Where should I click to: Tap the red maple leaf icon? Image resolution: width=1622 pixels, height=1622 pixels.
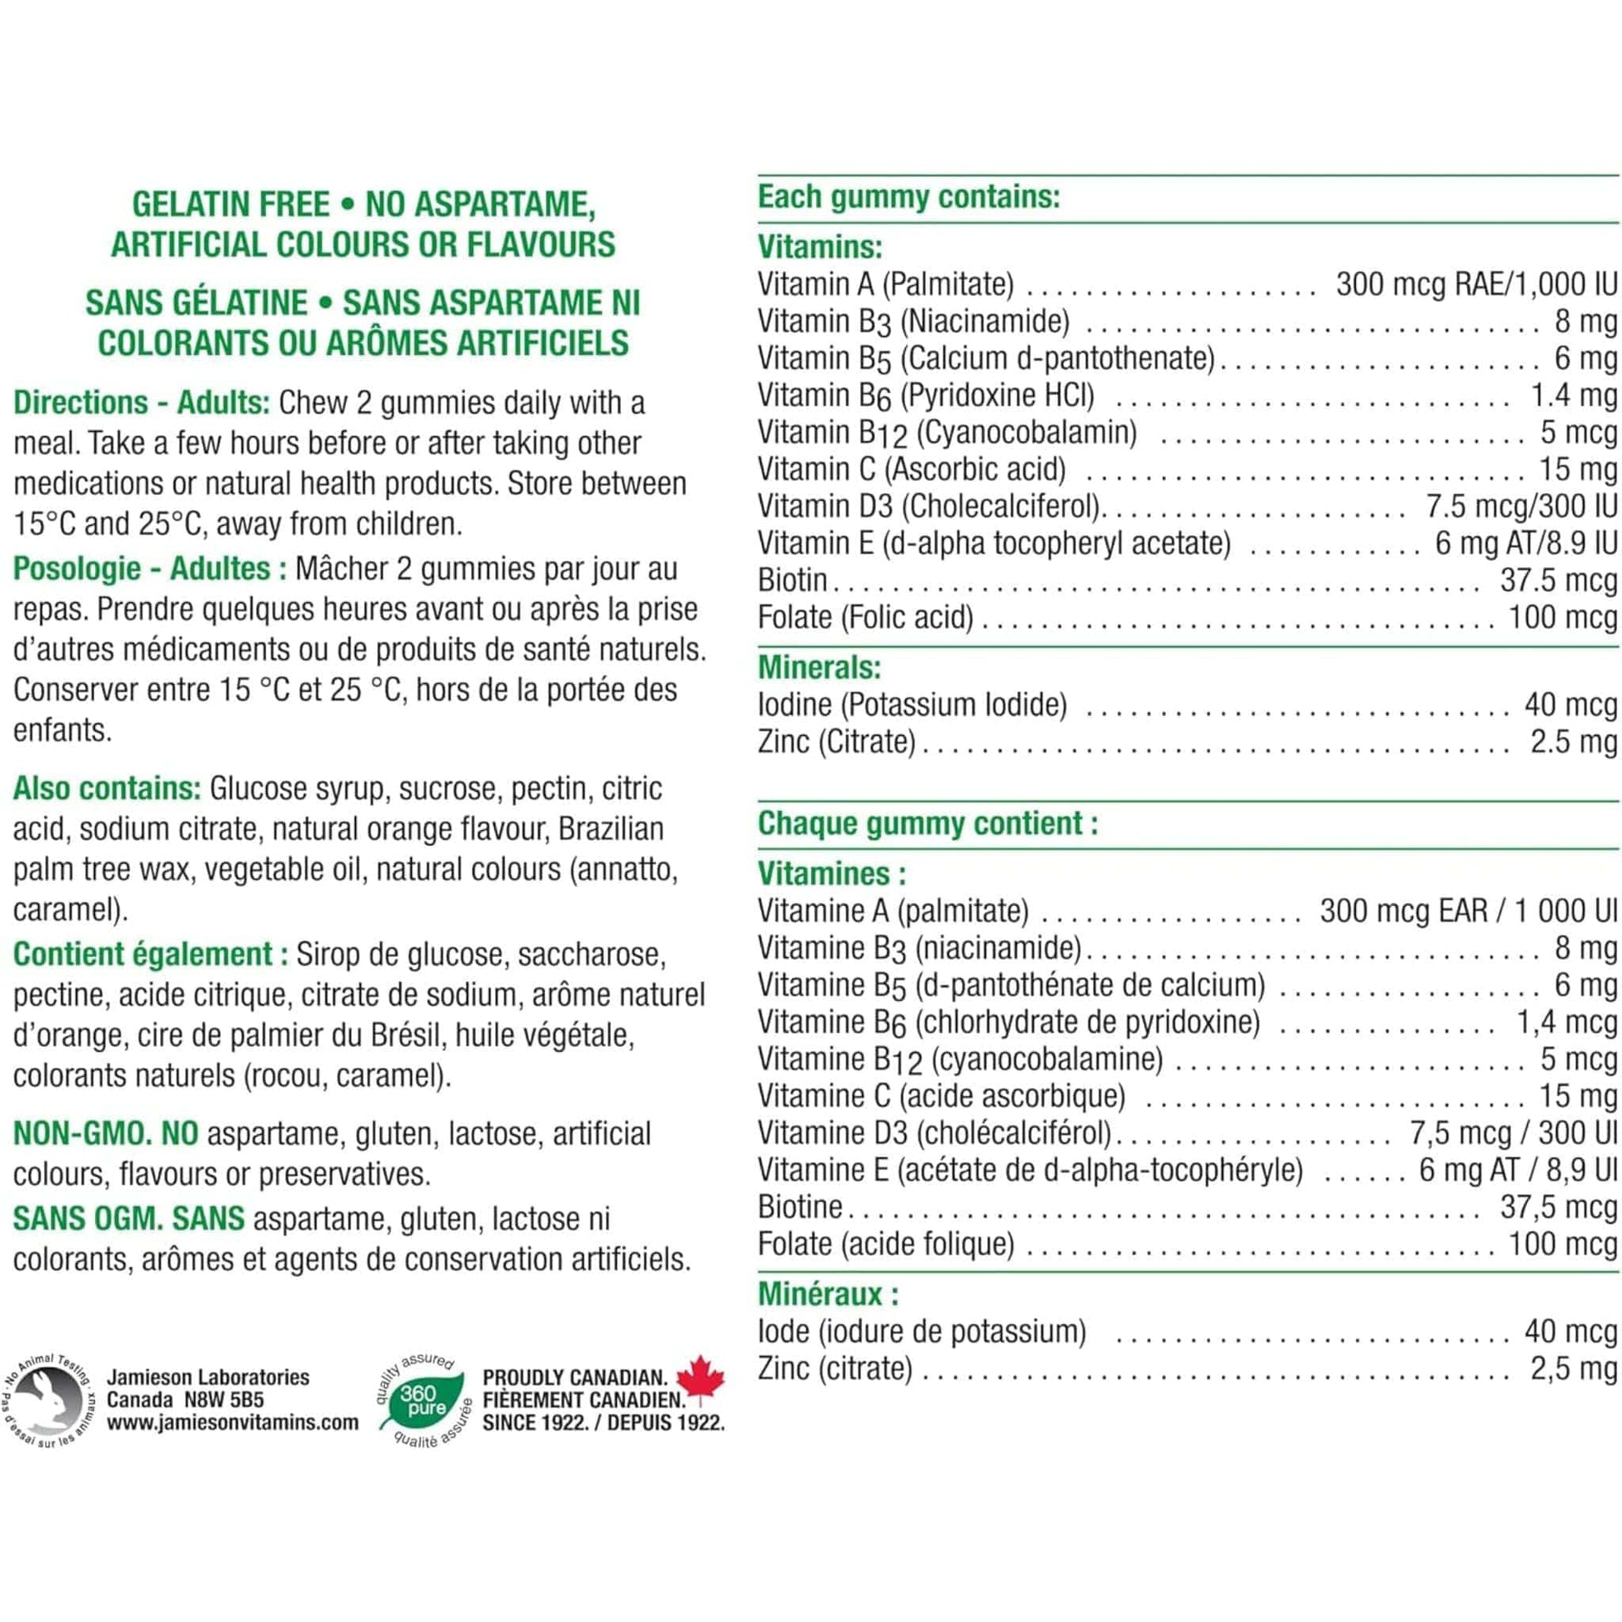pos(700,1379)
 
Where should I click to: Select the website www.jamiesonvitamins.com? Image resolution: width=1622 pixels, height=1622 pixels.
pos(233,1422)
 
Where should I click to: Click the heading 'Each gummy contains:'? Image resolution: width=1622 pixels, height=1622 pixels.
pos(909,198)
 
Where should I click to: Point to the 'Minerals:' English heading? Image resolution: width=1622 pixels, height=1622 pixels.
pos(819,668)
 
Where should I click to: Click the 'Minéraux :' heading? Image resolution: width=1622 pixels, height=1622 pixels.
pos(828,1294)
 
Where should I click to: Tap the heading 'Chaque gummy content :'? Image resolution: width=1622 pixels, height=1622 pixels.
pos(928,824)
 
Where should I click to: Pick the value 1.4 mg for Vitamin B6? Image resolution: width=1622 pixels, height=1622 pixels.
pos(1574,395)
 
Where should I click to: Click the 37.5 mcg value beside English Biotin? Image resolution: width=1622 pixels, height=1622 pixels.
pos(1558,580)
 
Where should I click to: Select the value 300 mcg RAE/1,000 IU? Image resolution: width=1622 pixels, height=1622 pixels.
pos(1476,284)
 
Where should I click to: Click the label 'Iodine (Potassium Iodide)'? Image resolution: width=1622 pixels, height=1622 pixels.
pos(912,704)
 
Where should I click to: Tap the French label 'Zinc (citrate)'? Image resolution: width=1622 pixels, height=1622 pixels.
pos(834,1368)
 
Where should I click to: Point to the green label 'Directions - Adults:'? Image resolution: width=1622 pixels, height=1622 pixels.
pos(141,403)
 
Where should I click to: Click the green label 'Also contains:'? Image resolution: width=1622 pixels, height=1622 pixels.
pos(107,788)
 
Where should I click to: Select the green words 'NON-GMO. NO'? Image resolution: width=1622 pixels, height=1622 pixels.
pos(106,1134)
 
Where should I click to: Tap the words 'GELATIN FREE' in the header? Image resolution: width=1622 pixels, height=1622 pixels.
pos(231,205)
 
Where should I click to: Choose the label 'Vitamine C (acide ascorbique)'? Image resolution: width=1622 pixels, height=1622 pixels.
pos(941,1095)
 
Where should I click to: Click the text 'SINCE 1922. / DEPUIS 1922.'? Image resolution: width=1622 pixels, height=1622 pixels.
pos(603,1422)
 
